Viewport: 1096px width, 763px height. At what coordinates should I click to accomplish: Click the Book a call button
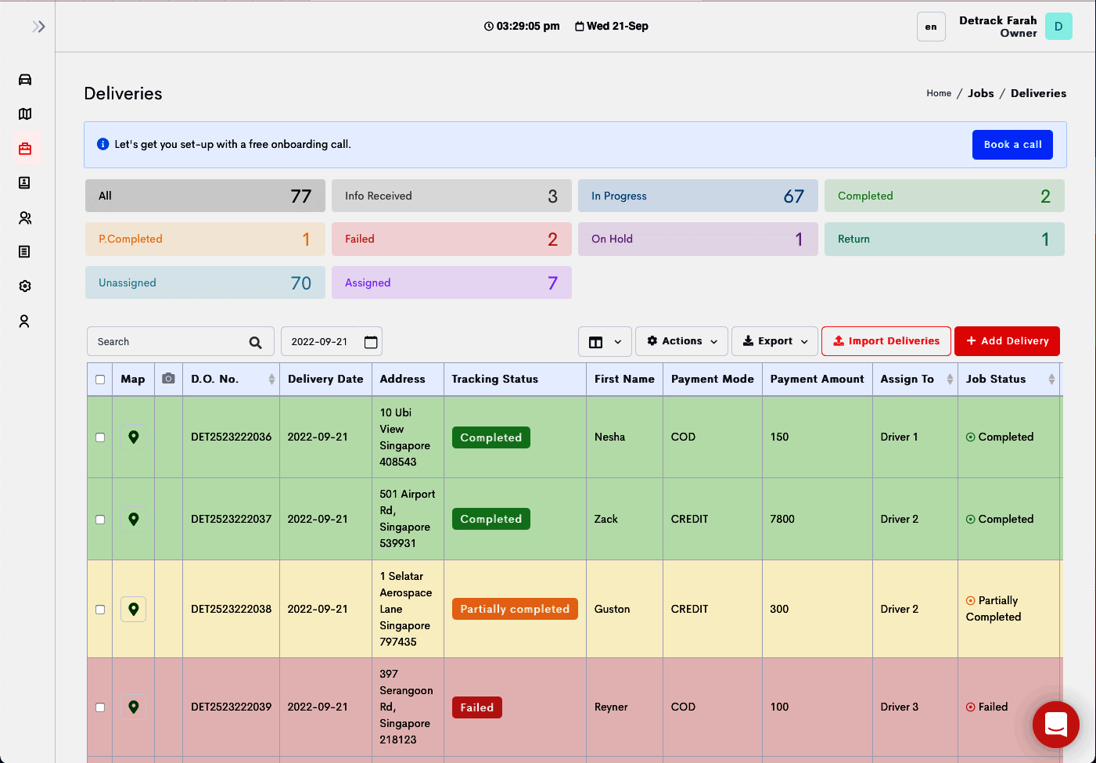1012,145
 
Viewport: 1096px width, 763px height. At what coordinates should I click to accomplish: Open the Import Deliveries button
886,341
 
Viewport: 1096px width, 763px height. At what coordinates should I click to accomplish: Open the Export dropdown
774,341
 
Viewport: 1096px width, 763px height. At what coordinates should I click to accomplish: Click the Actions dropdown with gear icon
681,341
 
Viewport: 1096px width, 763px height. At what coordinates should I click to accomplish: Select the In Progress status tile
697,196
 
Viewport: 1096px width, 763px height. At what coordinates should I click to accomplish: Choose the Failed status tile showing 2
451,239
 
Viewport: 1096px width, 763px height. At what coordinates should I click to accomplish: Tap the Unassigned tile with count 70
205,283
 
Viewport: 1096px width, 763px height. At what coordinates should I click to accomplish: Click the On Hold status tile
697,239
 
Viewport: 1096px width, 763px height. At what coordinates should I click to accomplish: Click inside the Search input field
168,342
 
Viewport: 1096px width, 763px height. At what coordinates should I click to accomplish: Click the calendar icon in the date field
371,342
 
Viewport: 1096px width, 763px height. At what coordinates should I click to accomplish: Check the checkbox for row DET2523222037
100,520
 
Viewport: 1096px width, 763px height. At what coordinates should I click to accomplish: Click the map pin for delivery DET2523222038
134,609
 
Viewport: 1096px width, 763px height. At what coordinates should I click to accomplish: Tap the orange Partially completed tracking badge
514,609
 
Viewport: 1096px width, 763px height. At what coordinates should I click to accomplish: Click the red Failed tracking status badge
476,707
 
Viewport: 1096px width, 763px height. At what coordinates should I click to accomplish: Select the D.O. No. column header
215,380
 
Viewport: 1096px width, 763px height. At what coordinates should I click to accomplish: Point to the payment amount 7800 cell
782,519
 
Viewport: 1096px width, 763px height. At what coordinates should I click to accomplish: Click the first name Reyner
611,707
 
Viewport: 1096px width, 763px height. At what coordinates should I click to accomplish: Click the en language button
931,27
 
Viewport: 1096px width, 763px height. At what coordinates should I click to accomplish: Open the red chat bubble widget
1055,725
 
